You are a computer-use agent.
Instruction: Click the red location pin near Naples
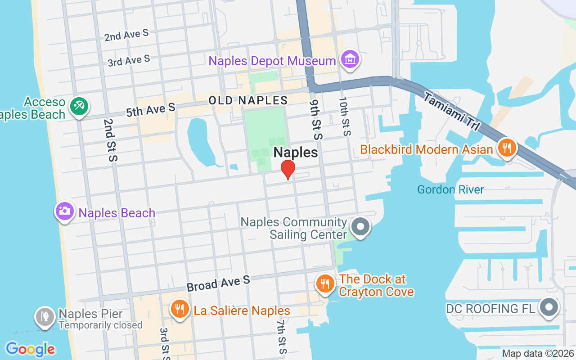tap(288, 170)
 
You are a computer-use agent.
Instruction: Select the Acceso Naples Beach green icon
tap(80, 107)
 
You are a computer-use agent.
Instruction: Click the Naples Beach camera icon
tap(64, 211)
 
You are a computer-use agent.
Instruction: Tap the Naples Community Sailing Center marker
tap(360, 227)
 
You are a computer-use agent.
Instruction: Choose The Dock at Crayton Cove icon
tap(324, 283)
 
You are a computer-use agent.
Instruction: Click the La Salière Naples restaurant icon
tap(179, 309)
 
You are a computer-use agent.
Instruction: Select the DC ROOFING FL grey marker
tap(549, 308)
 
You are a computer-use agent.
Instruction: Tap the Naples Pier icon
tap(45, 317)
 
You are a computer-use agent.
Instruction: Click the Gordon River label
tap(450, 189)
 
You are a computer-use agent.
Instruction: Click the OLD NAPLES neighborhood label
tap(248, 100)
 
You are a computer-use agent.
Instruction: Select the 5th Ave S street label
tap(150, 109)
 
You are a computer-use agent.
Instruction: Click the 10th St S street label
tap(344, 116)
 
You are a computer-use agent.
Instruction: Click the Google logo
tap(30, 349)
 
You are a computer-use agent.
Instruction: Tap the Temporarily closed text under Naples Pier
tap(100, 325)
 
